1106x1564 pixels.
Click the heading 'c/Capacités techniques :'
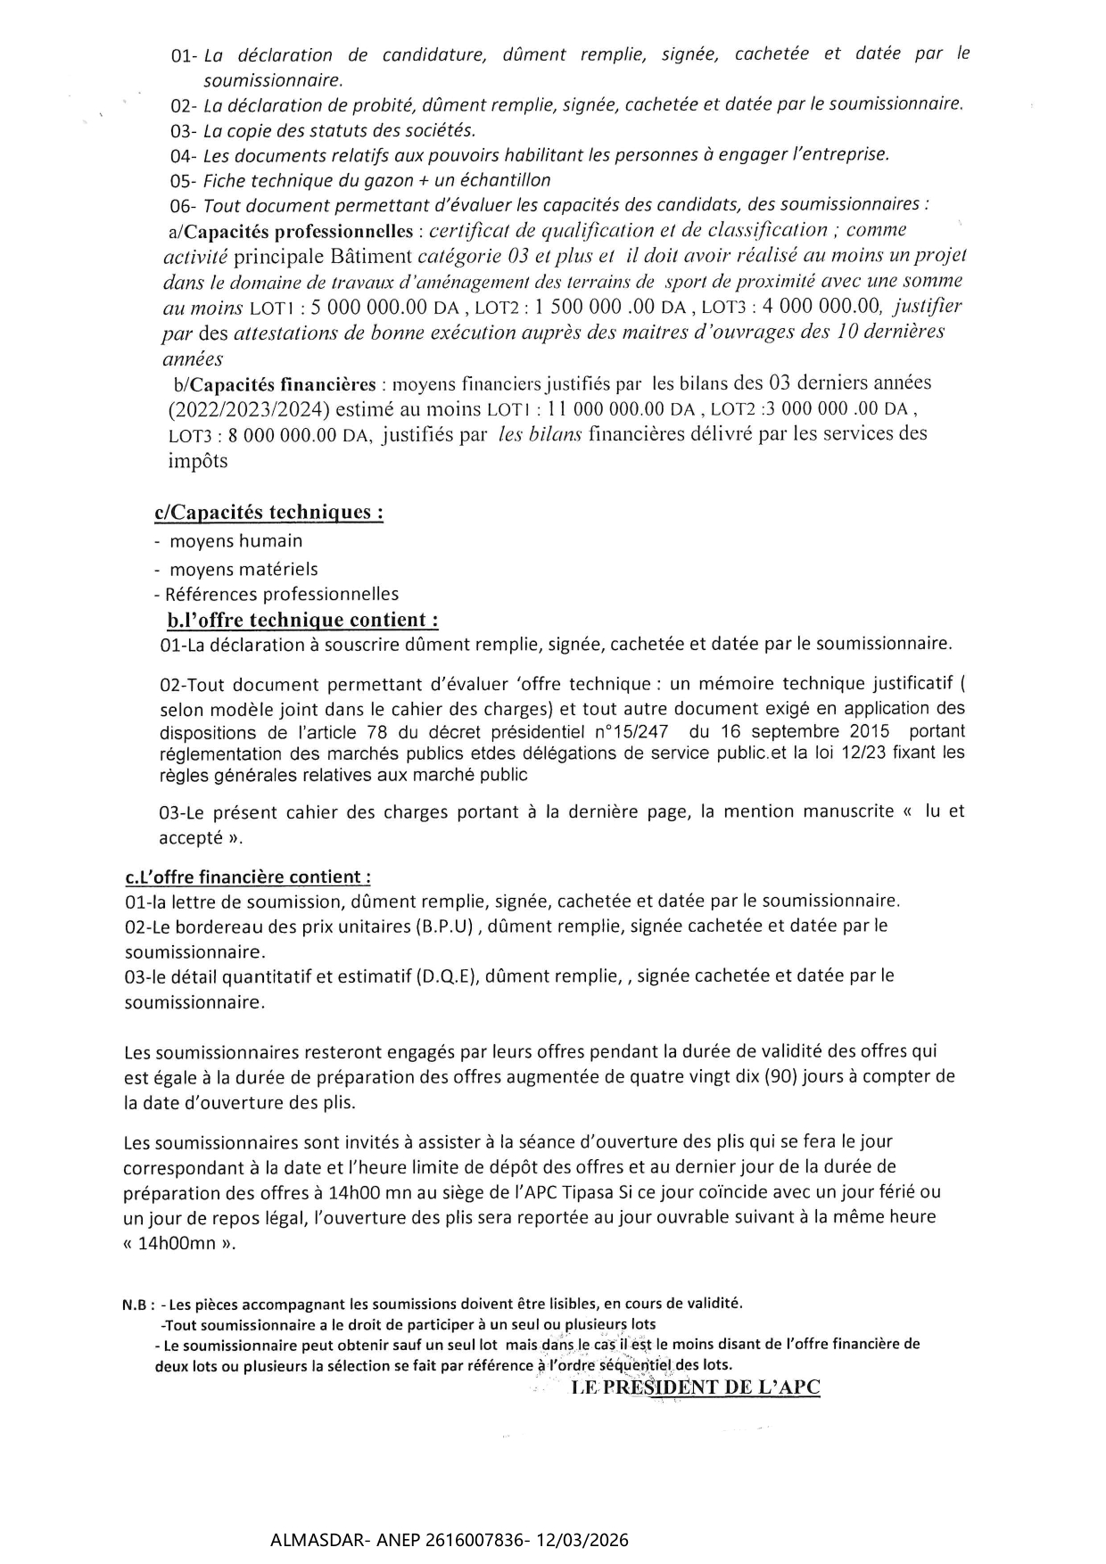pos(268,513)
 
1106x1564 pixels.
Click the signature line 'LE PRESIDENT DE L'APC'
pos(695,1387)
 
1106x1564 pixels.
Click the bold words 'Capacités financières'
pos(283,385)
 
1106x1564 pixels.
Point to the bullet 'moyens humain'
pos(235,541)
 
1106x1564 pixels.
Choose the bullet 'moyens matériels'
pos(243,569)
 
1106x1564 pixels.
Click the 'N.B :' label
pos(139,1305)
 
